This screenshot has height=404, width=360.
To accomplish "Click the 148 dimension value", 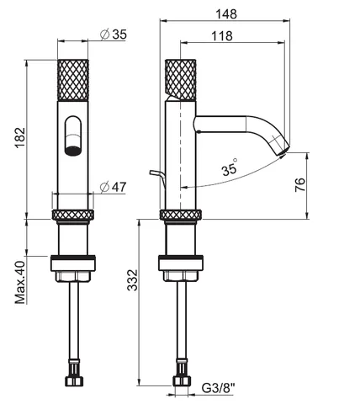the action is pyautogui.click(x=226, y=13).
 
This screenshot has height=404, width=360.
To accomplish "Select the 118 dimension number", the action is pyautogui.click(x=222, y=36).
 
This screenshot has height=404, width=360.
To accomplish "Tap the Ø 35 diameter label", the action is pyautogui.click(x=114, y=35).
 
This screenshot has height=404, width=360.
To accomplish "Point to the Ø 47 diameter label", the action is pyautogui.click(x=114, y=187).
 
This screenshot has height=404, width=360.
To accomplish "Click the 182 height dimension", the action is pyautogui.click(x=20, y=138).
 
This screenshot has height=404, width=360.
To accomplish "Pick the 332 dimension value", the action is pyautogui.click(x=132, y=280).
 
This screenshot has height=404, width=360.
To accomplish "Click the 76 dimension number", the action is pyautogui.click(x=299, y=185).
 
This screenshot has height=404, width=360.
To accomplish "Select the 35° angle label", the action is pyautogui.click(x=230, y=167).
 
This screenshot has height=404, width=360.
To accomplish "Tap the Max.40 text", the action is pyautogui.click(x=20, y=283).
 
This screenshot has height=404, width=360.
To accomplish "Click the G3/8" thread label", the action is pyautogui.click(x=219, y=389).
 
